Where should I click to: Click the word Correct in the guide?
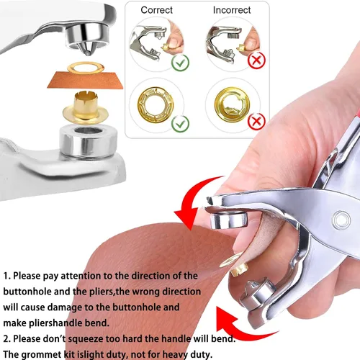pos(156,10)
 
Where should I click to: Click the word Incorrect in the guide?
pos(232,10)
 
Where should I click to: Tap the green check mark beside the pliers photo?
pos(180,63)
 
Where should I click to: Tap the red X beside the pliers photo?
pos(256,60)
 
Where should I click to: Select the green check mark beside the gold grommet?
pos(180,124)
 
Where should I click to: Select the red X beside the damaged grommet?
pos(256,122)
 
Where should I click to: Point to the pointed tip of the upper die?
pos(88,54)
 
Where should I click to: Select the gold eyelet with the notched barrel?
pos(86,107)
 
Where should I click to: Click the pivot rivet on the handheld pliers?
pos(341,220)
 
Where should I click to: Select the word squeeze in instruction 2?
pos(86,339)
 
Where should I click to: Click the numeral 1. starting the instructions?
pos(6,276)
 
